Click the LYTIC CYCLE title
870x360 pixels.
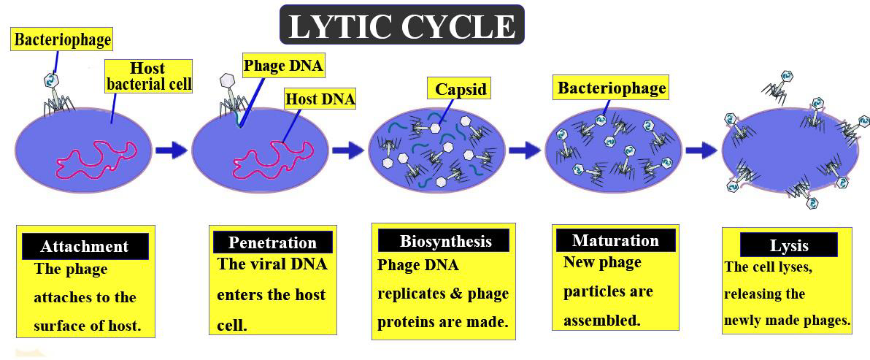[x=402, y=26]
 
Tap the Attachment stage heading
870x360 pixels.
[x=85, y=247]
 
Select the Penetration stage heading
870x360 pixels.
[x=272, y=242]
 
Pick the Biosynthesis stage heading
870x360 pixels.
[x=445, y=241]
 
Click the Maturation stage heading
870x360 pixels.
[x=615, y=240]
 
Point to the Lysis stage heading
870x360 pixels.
[x=789, y=245]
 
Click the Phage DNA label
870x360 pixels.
[x=283, y=66]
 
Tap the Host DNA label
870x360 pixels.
[x=320, y=99]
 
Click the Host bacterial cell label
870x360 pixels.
[x=149, y=76]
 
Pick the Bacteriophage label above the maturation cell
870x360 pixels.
[x=612, y=88]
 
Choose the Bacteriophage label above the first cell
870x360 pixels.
[x=63, y=38]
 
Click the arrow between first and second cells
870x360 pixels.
[x=171, y=150]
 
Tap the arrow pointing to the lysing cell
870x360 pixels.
[x=701, y=150]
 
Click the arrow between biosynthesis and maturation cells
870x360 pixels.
[x=524, y=150]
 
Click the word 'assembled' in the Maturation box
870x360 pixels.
[x=601, y=320]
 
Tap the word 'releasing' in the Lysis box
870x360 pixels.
[x=754, y=294]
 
